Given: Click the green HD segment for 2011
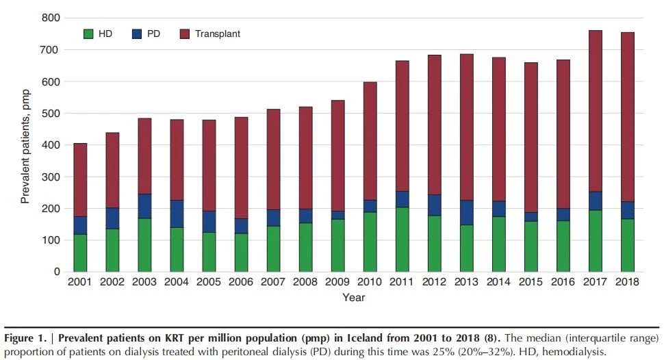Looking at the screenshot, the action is pyautogui.click(x=402, y=240).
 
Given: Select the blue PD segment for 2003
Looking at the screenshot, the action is pyautogui.click(x=144, y=206).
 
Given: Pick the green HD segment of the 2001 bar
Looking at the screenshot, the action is pyautogui.click(x=80, y=253).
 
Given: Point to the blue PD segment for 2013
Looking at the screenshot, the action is pyautogui.click(x=466, y=213).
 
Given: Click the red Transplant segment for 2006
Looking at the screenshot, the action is pyautogui.click(x=241, y=168).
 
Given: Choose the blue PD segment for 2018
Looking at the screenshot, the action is pyautogui.click(x=627, y=210).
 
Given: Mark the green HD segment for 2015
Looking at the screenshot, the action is pyautogui.click(x=531, y=246).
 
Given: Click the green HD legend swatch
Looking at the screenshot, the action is pyautogui.click(x=88, y=34).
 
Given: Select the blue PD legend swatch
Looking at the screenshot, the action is pyautogui.click(x=137, y=34).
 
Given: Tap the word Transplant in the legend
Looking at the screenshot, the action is pyautogui.click(x=217, y=34).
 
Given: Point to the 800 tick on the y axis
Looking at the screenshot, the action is pyautogui.click(x=51, y=18).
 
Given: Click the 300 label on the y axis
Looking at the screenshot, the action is pyautogui.click(x=51, y=177).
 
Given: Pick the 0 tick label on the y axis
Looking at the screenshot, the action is pyautogui.click(x=58, y=272).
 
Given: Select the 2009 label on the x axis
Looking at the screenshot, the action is pyautogui.click(x=337, y=282).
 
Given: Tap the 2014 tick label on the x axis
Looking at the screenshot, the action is pyautogui.click(x=498, y=282).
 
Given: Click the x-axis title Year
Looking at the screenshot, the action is pyautogui.click(x=354, y=297).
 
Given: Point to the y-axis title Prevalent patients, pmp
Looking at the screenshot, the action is pyautogui.click(x=25, y=146).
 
